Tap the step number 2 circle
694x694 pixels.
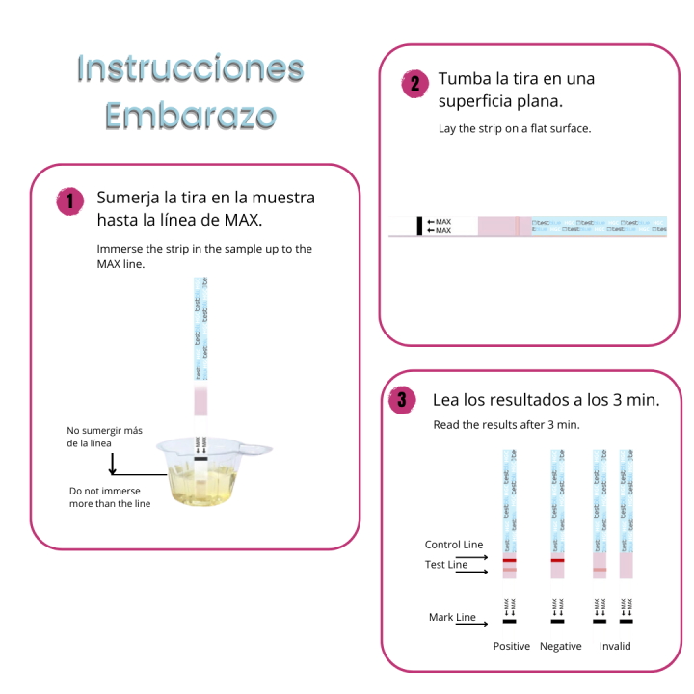pos(414,84)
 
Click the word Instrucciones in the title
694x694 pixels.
pos(191,68)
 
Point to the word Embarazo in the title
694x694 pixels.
pos(191,116)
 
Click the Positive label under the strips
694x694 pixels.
pos(511,646)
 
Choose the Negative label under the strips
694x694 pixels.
pos(561,646)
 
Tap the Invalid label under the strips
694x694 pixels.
pos(614,646)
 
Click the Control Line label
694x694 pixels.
pos(453,545)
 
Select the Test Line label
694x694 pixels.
pos(446,565)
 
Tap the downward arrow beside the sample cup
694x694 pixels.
pos(113,464)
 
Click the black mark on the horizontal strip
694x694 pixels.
pos(419,227)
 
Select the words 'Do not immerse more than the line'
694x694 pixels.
pos(110,497)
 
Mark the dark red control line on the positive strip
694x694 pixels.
pos(509,560)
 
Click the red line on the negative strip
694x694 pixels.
pos(557,560)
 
